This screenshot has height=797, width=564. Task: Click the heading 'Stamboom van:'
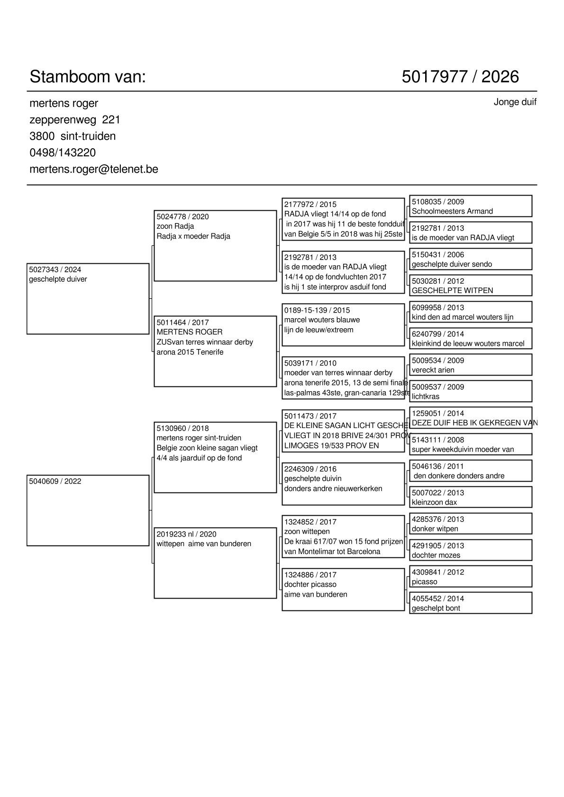(88, 77)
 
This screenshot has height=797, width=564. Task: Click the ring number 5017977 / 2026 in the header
(460, 77)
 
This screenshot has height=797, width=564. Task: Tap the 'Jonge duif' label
(515, 102)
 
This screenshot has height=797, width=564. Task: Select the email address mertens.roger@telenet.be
(94, 169)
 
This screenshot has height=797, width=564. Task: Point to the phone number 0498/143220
(63, 152)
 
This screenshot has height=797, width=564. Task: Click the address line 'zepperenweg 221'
(75, 119)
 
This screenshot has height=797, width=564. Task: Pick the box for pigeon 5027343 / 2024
(88, 298)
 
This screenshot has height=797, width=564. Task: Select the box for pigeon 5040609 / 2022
(88, 510)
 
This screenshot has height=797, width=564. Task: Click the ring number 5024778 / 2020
(182, 216)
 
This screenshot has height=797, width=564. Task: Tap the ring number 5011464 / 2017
(182, 322)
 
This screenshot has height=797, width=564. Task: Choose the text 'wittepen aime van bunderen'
(204, 544)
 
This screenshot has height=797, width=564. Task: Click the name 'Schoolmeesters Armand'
(452, 211)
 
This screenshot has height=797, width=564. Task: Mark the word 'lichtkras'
(426, 396)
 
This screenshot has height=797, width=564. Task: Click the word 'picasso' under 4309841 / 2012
(424, 582)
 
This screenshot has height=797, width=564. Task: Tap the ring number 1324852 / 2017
(310, 522)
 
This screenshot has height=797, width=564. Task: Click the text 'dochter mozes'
(436, 555)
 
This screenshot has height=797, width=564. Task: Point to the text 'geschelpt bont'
(436, 608)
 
